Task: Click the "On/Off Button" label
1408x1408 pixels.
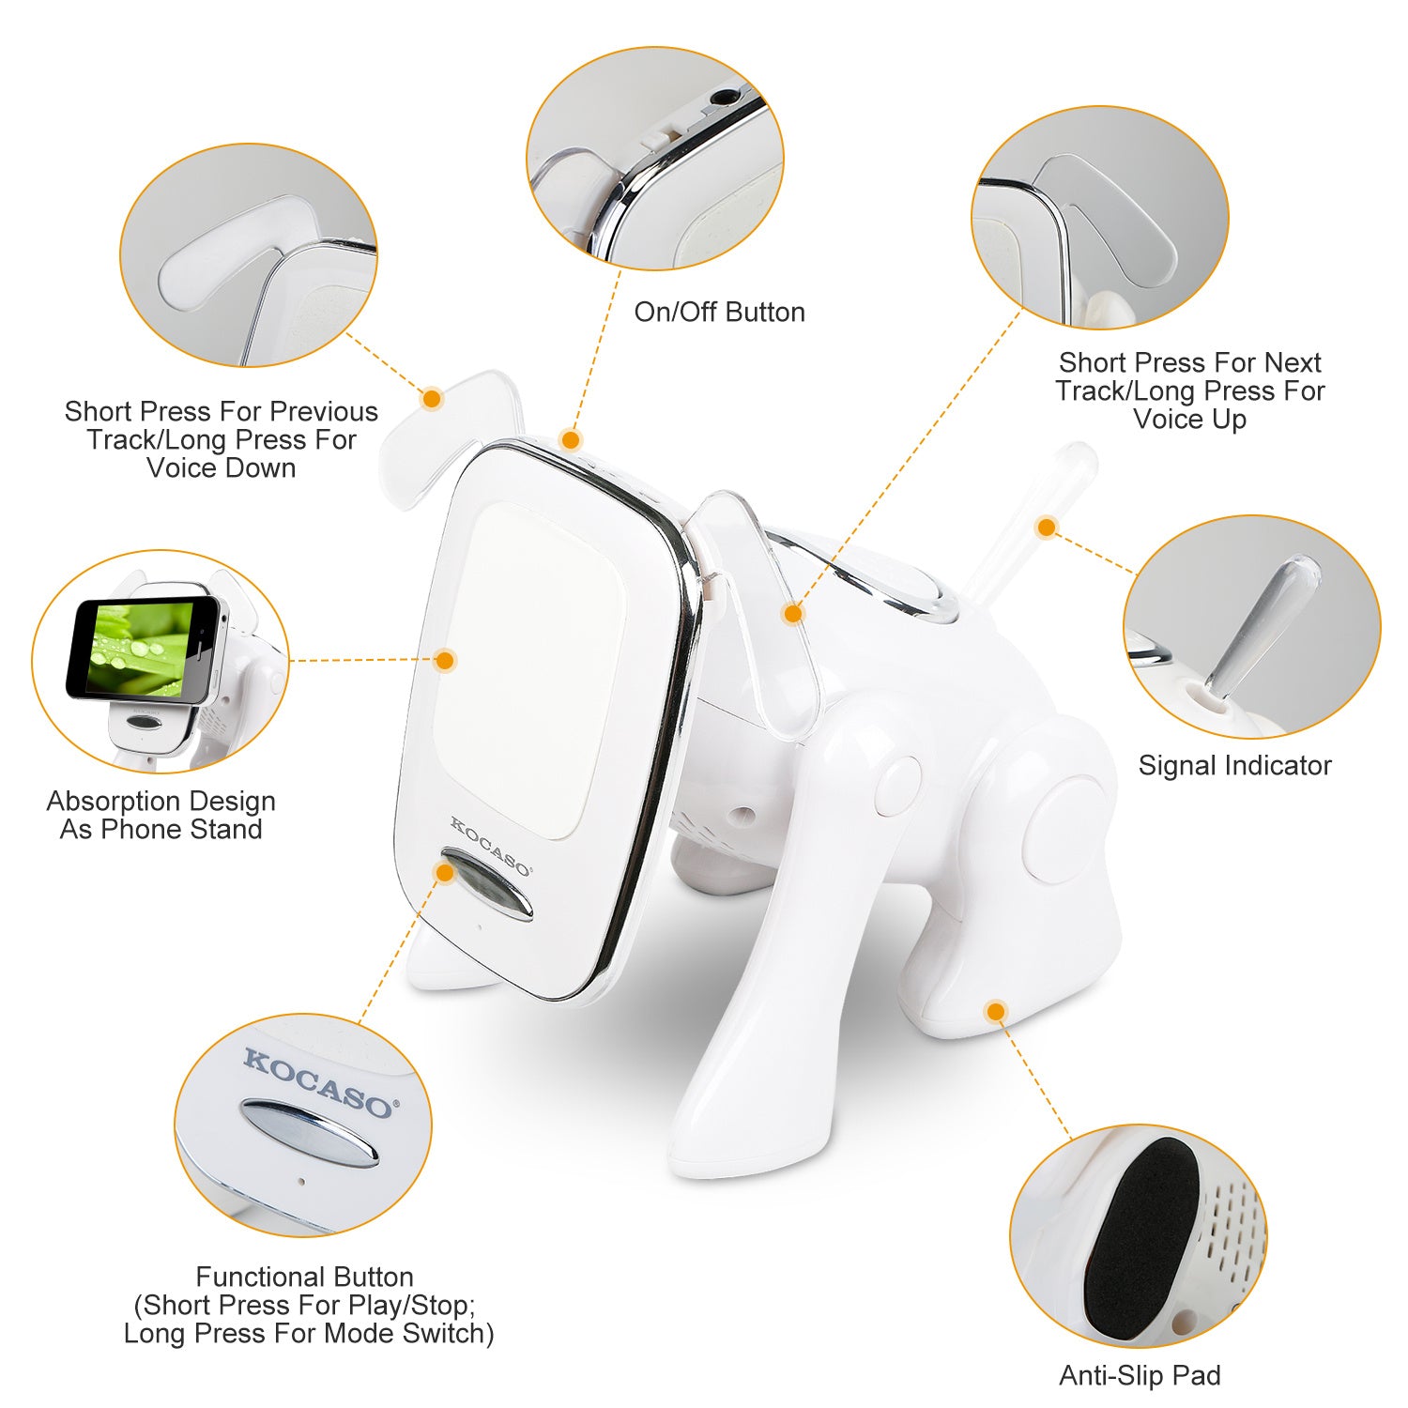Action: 719,312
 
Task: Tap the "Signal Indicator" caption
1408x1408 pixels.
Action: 1234,765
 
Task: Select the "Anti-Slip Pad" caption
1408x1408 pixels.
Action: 1140,1375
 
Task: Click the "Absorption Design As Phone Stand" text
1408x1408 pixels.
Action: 161,815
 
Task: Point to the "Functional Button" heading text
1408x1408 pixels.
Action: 304,1277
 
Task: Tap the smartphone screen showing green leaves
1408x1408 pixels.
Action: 141,648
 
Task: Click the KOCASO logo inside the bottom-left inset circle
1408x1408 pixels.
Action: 319,1083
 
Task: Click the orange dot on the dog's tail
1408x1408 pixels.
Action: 1047,527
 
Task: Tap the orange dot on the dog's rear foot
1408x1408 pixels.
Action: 996,1011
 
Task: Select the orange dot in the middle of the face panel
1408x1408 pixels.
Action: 446,660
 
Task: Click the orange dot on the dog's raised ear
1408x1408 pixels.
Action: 432,398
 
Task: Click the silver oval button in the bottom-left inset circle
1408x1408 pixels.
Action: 310,1131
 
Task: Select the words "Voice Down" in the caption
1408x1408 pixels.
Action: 222,467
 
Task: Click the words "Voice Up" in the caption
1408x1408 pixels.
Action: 1189,419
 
